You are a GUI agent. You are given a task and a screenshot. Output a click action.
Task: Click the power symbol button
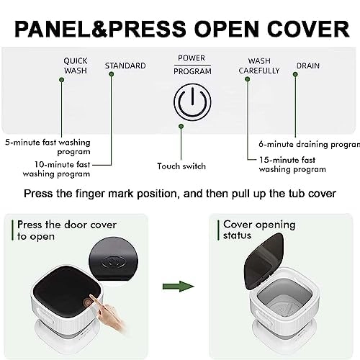[x=192, y=102]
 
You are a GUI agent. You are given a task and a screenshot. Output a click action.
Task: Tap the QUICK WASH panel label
[x=76, y=66]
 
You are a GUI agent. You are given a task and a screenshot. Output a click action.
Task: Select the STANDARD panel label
[x=125, y=66]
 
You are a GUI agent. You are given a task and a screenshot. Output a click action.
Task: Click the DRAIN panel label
[x=308, y=66]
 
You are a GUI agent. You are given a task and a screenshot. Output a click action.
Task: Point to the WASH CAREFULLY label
[x=259, y=66]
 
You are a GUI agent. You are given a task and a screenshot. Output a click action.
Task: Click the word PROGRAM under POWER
[x=192, y=71]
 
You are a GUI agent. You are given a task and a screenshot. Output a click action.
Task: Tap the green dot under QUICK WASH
[x=61, y=80]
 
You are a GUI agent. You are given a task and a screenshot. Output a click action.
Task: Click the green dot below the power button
[x=181, y=126]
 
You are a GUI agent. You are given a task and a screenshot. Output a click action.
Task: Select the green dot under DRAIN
[x=295, y=74]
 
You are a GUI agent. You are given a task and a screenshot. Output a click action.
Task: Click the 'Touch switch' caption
[x=181, y=166]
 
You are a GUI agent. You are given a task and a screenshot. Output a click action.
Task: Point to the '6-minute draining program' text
[x=310, y=144]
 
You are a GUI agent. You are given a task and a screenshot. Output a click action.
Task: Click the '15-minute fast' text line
[x=287, y=160]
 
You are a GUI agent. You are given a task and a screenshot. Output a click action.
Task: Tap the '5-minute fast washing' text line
[x=48, y=143]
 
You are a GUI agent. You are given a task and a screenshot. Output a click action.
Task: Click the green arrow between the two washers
[x=179, y=286]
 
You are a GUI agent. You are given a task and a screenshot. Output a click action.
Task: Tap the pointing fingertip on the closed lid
[x=92, y=298]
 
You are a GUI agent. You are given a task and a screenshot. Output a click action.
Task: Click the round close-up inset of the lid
[x=113, y=260]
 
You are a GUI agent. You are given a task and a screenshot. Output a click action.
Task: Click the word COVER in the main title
[x=308, y=29]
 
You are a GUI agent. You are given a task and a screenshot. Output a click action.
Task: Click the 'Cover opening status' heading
[x=259, y=230]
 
